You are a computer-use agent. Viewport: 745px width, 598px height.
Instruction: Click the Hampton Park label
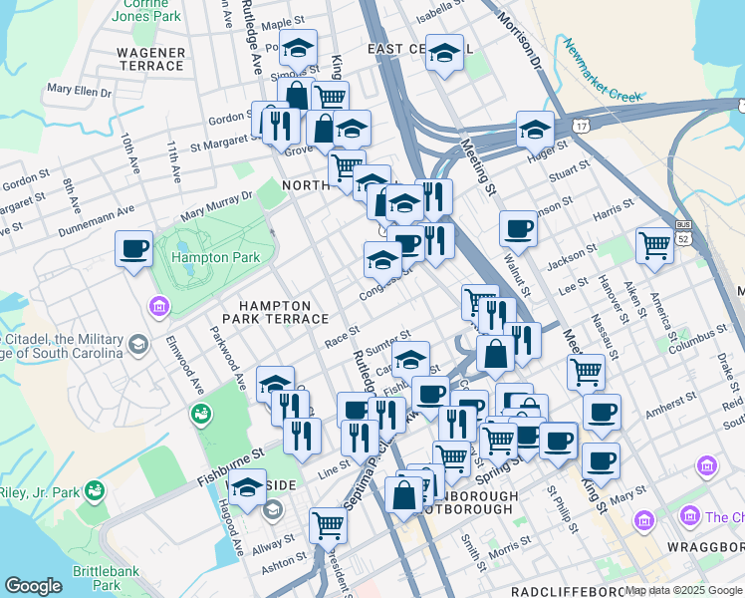(x=216, y=257)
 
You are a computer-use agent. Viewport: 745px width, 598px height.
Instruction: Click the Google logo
(x=33, y=586)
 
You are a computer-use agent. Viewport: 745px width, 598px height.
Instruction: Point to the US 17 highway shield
(x=581, y=125)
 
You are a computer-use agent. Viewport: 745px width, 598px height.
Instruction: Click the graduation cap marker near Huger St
(x=535, y=129)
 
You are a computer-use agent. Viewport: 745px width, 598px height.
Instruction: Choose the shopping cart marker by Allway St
(x=327, y=524)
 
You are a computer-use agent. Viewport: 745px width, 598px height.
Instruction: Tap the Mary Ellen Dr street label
(x=79, y=90)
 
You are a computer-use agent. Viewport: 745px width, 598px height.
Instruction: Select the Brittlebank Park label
(x=97, y=578)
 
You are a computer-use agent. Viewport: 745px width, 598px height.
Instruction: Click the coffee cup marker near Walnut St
(x=518, y=228)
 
